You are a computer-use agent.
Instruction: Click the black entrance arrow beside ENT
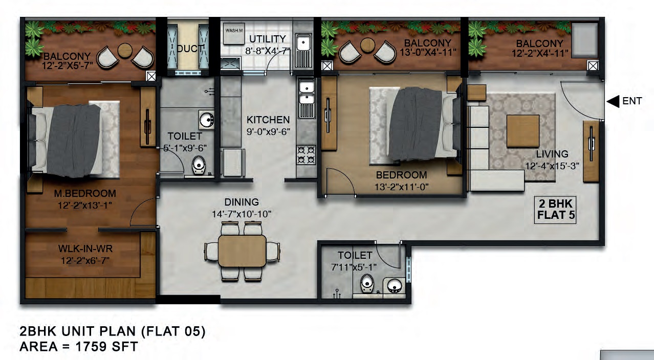click(613, 101)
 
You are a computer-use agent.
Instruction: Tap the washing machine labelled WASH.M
click(234, 34)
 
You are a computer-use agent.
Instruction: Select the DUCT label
click(190, 49)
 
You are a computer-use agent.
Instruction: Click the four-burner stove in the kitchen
click(306, 154)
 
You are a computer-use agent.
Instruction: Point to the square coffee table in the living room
click(523, 131)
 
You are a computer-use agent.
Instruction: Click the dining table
click(242, 251)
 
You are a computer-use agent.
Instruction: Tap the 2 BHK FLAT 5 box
click(555, 210)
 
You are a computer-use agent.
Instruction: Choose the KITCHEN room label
click(268, 120)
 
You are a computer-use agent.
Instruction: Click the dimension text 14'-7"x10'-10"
click(242, 214)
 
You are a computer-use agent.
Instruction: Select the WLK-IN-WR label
click(85, 249)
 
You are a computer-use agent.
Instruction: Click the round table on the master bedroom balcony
click(125, 51)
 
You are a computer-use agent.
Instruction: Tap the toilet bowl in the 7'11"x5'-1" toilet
click(367, 284)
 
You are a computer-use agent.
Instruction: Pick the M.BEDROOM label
click(85, 193)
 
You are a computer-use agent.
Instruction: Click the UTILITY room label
click(268, 39)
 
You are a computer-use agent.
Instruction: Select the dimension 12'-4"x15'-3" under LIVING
click(552, 166)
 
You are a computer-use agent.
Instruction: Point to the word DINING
click(242, 202)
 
